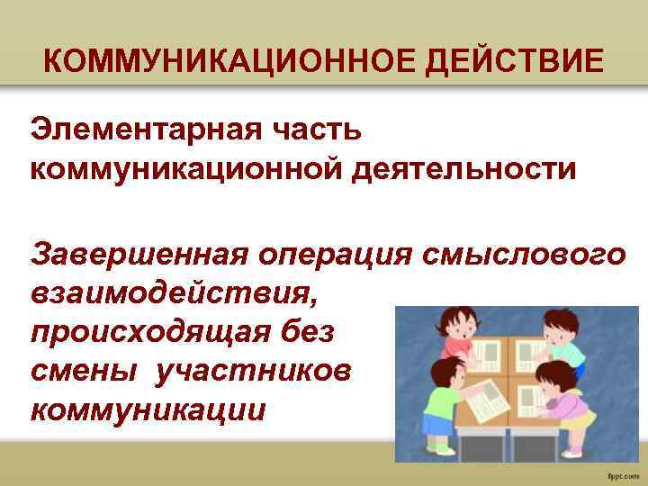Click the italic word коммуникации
point(148,409)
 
